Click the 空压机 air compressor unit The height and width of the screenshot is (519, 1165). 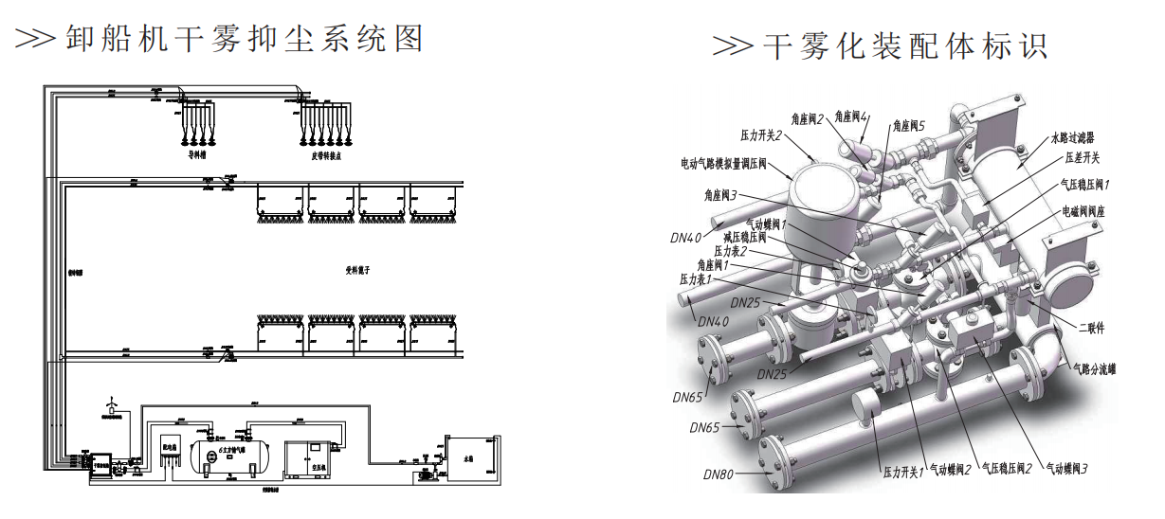305,456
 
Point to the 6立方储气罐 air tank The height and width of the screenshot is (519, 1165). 232,452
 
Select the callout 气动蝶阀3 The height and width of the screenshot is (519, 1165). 1065,467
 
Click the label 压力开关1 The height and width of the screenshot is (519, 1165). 903,471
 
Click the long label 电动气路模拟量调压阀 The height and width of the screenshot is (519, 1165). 725,163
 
